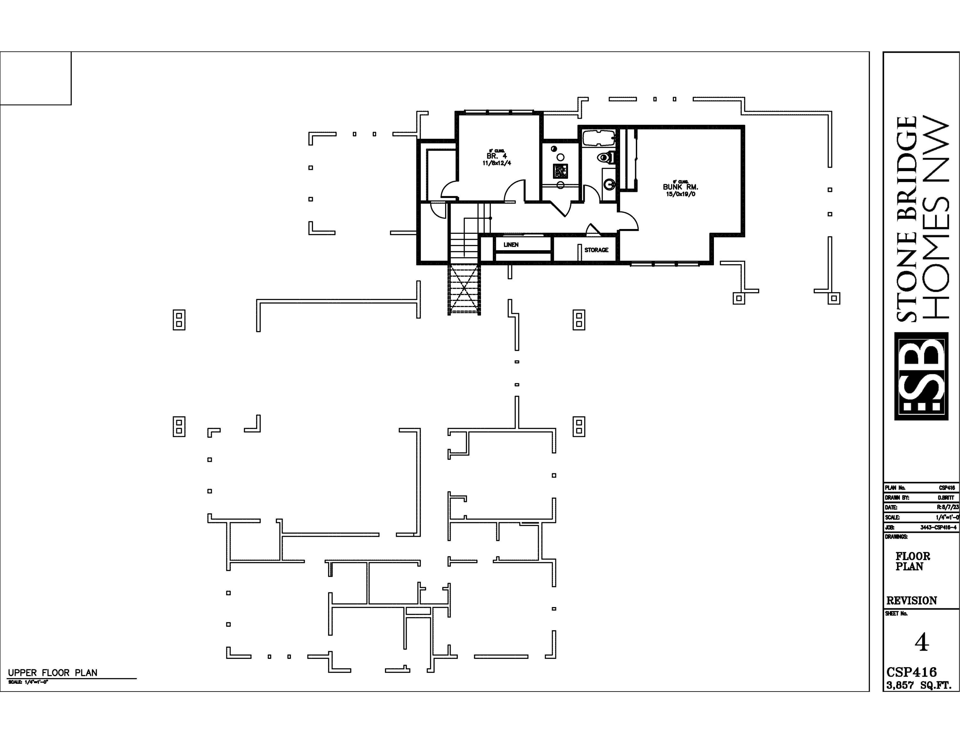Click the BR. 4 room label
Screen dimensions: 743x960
[x=496, y=156]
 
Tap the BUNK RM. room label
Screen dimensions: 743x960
[x=680, y=187]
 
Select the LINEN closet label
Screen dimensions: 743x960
[x=511, y=245]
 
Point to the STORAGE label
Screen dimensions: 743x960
[x=596, y=250]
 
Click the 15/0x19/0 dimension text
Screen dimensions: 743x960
[x=680, y=194]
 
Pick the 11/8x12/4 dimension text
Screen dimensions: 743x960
[x=497, y=163]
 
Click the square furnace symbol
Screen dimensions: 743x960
[x=560, y=171]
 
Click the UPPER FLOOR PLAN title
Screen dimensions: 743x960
[x=53, y=673]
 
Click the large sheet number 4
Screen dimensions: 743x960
[x=921, y=643]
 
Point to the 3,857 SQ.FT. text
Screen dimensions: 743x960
[x=919, y=685]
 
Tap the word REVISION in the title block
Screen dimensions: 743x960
[x=911, y=601]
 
